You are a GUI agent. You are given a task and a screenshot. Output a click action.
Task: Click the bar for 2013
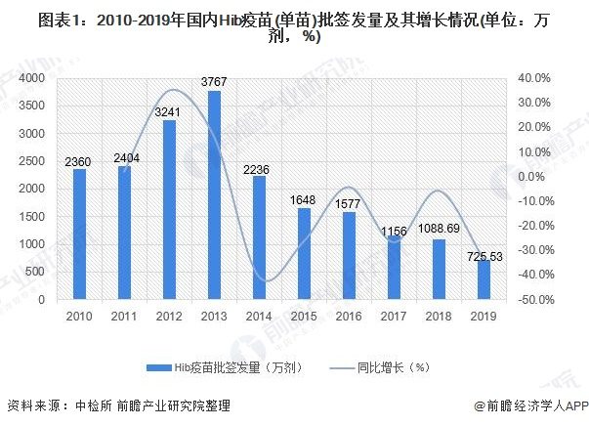tap(214, 195)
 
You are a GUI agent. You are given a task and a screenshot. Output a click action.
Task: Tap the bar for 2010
tap(79, 234)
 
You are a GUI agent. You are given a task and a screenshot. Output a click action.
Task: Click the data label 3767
tap(214, 82)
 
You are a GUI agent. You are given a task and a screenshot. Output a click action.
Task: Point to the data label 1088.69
tap(440, 231)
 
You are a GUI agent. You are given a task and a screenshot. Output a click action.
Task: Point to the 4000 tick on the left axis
tap(34, 77)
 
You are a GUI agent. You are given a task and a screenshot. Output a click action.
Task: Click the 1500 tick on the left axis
tap(34, 217)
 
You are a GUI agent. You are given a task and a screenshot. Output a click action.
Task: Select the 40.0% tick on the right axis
tap(536, 77)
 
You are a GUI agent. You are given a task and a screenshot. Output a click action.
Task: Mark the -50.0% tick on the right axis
tap(534, 300)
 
